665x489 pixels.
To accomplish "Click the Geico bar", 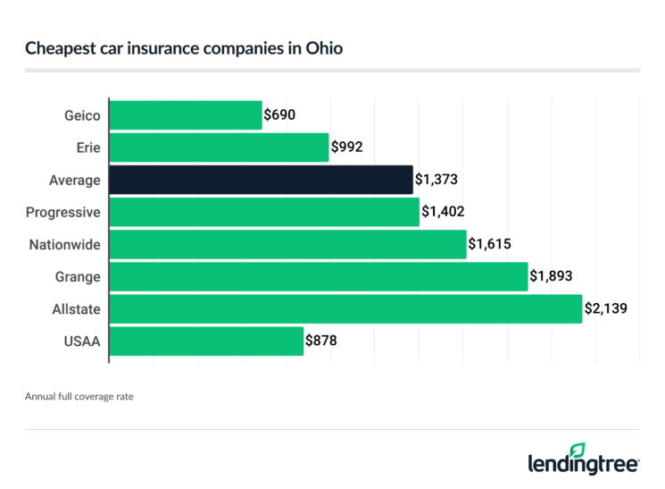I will [186, 115].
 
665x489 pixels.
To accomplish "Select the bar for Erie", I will [219, 148].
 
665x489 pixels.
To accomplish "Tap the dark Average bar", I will [261, 180].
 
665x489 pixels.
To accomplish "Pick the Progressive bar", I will [264, 212].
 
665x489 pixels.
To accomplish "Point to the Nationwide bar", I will [287, 244].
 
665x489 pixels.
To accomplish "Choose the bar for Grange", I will [319, 276].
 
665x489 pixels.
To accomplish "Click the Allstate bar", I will [345, 308].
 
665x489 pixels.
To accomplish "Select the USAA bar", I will [206, 341].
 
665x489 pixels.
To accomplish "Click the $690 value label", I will [279, 115].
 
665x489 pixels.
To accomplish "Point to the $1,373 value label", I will [437, 180].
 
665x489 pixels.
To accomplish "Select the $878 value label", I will [321, 341].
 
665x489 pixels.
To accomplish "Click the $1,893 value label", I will [552, 276].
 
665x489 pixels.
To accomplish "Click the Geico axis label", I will [83, 115].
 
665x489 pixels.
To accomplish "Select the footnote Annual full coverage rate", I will [79, 395].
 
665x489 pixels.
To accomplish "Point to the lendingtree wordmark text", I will [584, 465].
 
